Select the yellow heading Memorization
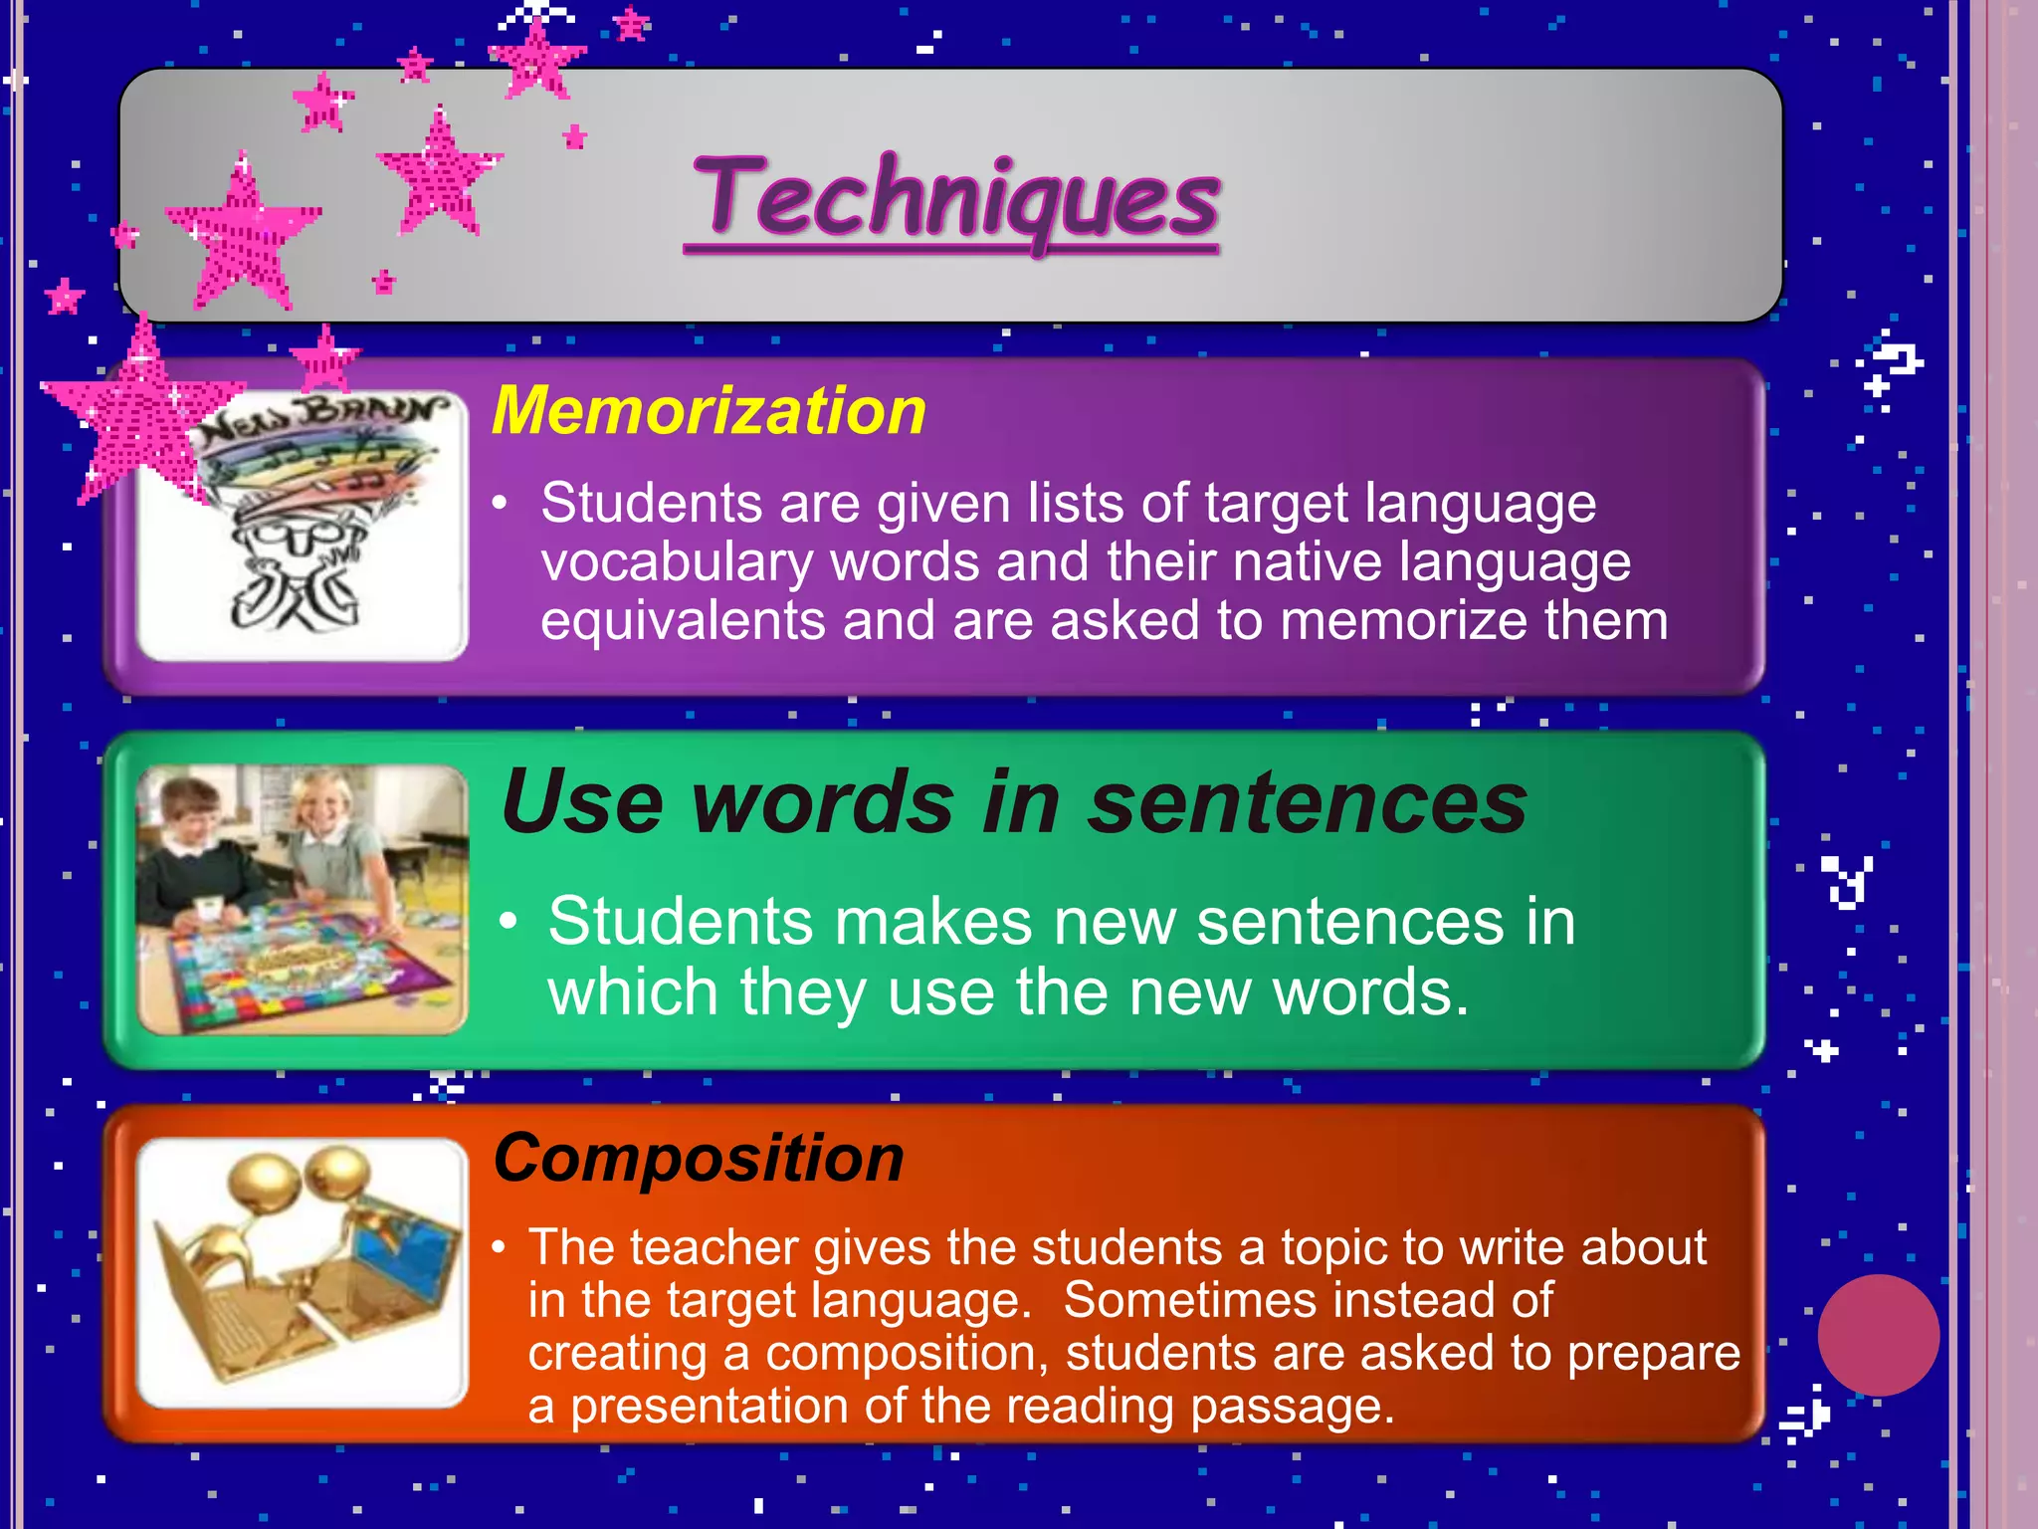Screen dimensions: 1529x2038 [709, 411]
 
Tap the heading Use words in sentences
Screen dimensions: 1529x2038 [1013, 802]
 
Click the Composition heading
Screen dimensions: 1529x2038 [699, 1159]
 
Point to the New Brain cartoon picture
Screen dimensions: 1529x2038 [303, 526]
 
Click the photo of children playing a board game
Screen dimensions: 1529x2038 [303, 900]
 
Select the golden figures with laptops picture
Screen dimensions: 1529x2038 [303, 1272]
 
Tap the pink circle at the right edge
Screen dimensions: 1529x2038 [1878, 1335]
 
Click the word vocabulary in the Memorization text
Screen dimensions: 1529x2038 [677, 563]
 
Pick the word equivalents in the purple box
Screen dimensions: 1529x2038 [683, 622]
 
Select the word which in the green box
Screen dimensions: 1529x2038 [633, 992]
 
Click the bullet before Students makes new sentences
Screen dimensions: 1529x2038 [509, 922]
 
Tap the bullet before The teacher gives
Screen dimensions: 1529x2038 [500, 1248]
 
